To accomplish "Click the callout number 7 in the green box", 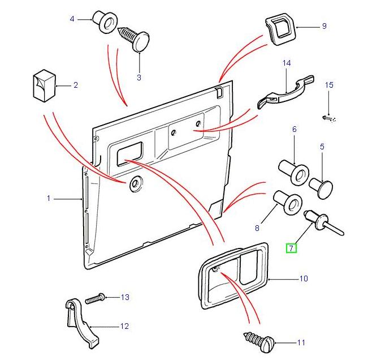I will [x=291, y=247].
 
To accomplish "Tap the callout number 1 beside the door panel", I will [x=49, y=198].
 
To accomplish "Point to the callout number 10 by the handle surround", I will [x=304, y=279].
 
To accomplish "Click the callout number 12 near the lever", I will [x=124, y=326].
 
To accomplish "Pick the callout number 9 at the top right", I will [x=324, y=26].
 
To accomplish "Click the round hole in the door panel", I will [x=136, y=184].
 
